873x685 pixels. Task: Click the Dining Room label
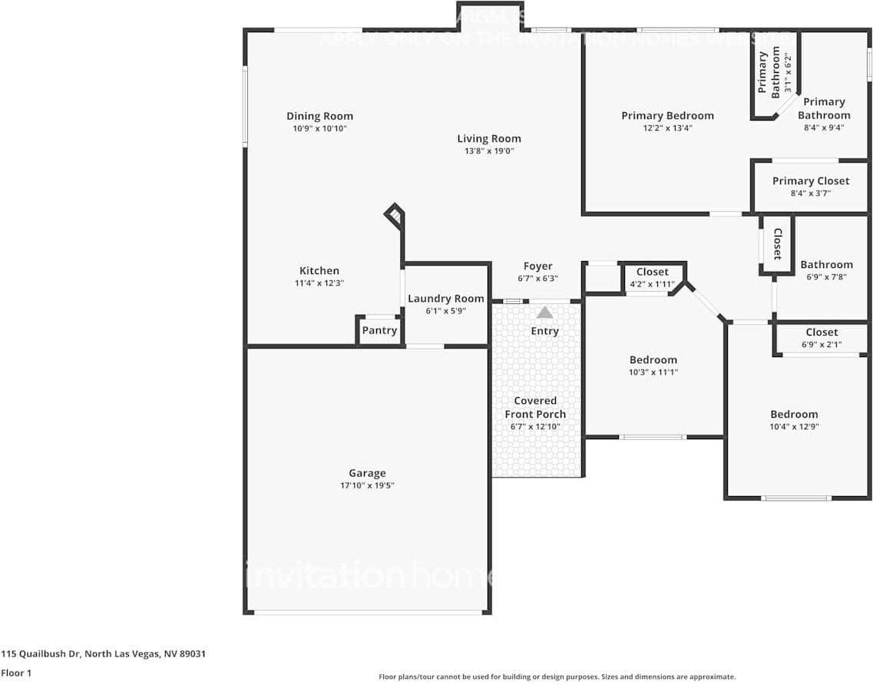tap(319, 116)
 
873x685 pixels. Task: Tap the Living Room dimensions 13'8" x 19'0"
tap(489, 151)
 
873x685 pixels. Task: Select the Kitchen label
tap(319, 270)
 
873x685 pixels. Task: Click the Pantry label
tap(379, 330)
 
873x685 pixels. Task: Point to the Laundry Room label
tap(446, 298)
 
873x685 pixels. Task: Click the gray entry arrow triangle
tap(544, 313)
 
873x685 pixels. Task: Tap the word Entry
tap(545, 331)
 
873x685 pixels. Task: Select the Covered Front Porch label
tap(535, 407)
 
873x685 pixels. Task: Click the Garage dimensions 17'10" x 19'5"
tap(367, 485)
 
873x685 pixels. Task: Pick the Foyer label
tap(537, 266)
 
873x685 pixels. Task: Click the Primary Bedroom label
tap(667, 116)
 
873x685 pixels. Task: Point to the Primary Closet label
tap(811, 181)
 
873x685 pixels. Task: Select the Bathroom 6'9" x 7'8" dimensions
tap(826, 276)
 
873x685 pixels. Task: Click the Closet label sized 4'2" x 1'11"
tap(653, 272)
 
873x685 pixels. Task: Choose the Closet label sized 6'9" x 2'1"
tap(822, 333)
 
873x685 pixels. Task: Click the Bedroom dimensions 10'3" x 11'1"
tap(653, 372)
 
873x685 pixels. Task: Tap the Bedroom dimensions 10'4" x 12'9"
tap(795, 426)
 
